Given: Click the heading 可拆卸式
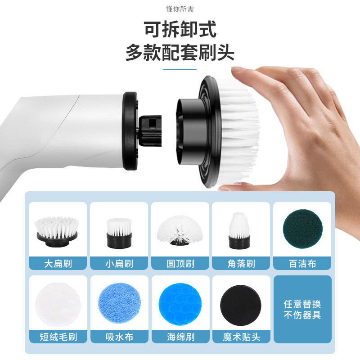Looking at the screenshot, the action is [x=180, y=29].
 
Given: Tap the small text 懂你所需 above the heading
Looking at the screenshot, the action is [x=180, y=9].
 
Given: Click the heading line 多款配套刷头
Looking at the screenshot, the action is [x=180, y=53].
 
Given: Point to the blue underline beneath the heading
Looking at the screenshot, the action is [x=180, y=69].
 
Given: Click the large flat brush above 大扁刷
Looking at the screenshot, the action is [x=57, y=231].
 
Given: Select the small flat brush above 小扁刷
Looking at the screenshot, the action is [x=119, y=233].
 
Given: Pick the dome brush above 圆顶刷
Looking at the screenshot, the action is [x=180, y=230].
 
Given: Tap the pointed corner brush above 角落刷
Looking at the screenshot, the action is [x=239, y=231].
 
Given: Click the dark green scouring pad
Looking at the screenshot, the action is [x=302, y=229].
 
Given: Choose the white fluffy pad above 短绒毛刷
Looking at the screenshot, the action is [x=58, y=304].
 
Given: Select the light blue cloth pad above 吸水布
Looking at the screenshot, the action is [x=119, y=303].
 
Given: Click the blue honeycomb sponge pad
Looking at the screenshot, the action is [x=180, y=304].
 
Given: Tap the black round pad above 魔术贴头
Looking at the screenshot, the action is [x=241, y=305].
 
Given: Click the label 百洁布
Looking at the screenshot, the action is [x=302, y=264].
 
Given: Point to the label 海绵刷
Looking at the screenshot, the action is [x=181, y=337].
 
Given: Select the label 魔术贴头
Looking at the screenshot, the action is [x=241, y=337].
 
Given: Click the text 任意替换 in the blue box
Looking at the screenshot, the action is [x=302, y=304].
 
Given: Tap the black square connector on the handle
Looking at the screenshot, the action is [x=150, y=131].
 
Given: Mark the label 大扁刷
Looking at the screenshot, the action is [x=58, y=264].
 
